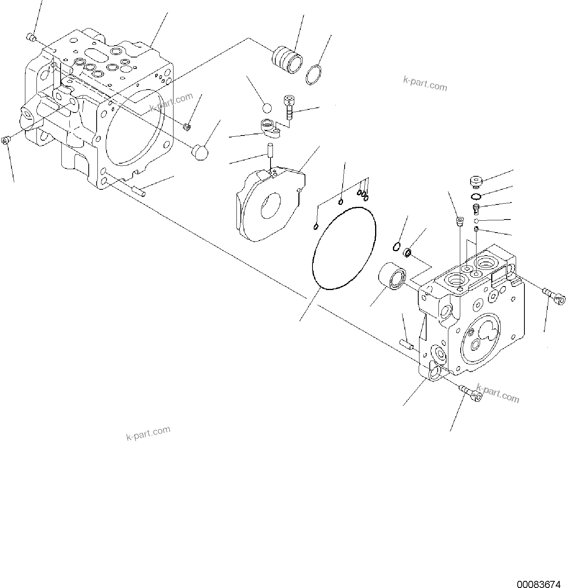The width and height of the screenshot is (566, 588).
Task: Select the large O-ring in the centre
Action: pos(313,262)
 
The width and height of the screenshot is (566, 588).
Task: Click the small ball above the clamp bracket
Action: pos(267,108)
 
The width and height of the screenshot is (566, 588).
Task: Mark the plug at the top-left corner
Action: pos(30,38)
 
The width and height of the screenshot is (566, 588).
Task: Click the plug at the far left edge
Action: pos(5,140)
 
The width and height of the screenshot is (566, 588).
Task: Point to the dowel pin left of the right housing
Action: pos(406,344)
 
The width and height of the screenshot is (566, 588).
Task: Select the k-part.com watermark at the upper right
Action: pos(425,84)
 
